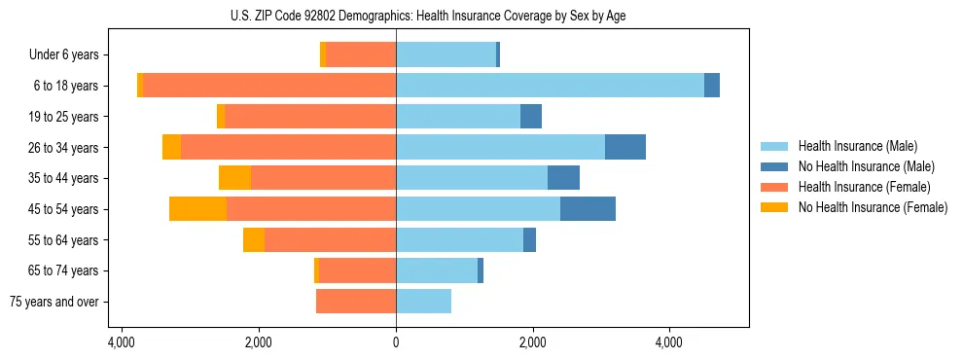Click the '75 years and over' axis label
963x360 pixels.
point(54,302)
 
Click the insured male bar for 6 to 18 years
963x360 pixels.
point(550,86)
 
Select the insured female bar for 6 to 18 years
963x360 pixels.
point(269,86)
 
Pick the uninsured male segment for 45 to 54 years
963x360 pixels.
point(588,209)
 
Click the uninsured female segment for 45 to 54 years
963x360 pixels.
point(197,209)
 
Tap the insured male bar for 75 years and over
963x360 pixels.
point(423,302)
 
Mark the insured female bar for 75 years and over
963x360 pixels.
point(356,302)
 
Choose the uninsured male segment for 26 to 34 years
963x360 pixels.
point(625,147)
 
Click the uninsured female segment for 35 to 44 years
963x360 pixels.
point(234,178)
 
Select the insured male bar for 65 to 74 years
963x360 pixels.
point(437,270)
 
